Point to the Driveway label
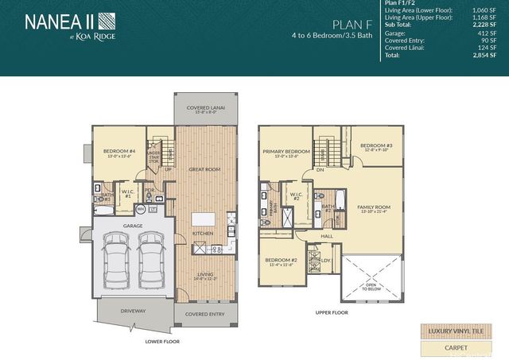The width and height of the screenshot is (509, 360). click(134, 311)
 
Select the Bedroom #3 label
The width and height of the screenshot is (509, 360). click(375, 145)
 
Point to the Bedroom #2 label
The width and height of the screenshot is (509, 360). click(281, 261)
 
